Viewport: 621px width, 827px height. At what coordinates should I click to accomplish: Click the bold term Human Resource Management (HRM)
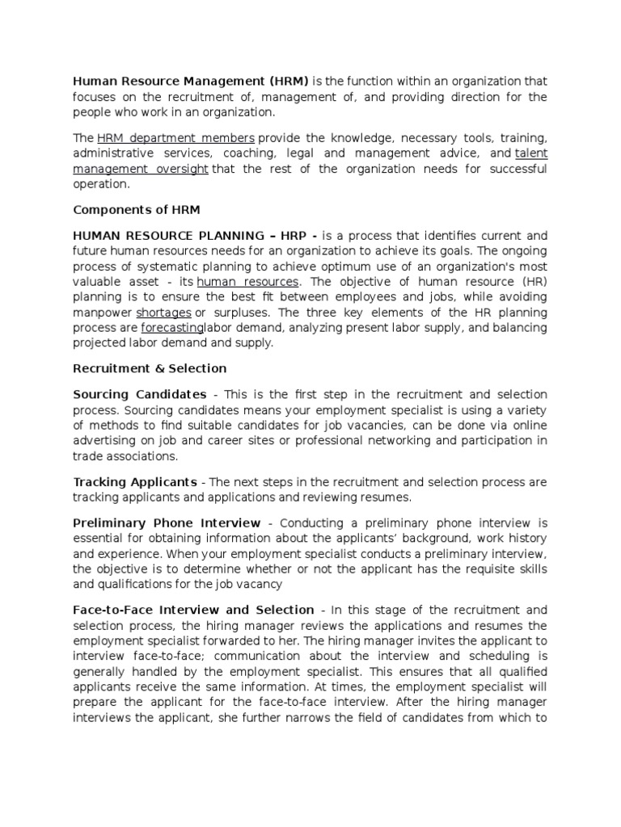[191, 81]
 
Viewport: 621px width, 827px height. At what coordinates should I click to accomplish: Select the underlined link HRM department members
[175, 137]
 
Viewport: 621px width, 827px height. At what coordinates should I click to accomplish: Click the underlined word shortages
[163, 313]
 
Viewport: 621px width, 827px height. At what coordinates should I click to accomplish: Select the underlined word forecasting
[172, 328]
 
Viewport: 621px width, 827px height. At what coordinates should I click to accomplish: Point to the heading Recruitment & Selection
[150, 368]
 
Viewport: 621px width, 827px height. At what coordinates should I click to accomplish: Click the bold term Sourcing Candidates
[139, 394]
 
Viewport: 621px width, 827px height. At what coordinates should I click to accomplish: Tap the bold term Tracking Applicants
[135, 482]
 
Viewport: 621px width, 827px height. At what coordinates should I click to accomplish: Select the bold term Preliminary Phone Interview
[167, 523]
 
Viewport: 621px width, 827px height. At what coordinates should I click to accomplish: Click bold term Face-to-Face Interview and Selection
[193, 610]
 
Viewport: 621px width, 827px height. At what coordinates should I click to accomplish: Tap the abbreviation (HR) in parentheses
[532, 282]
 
